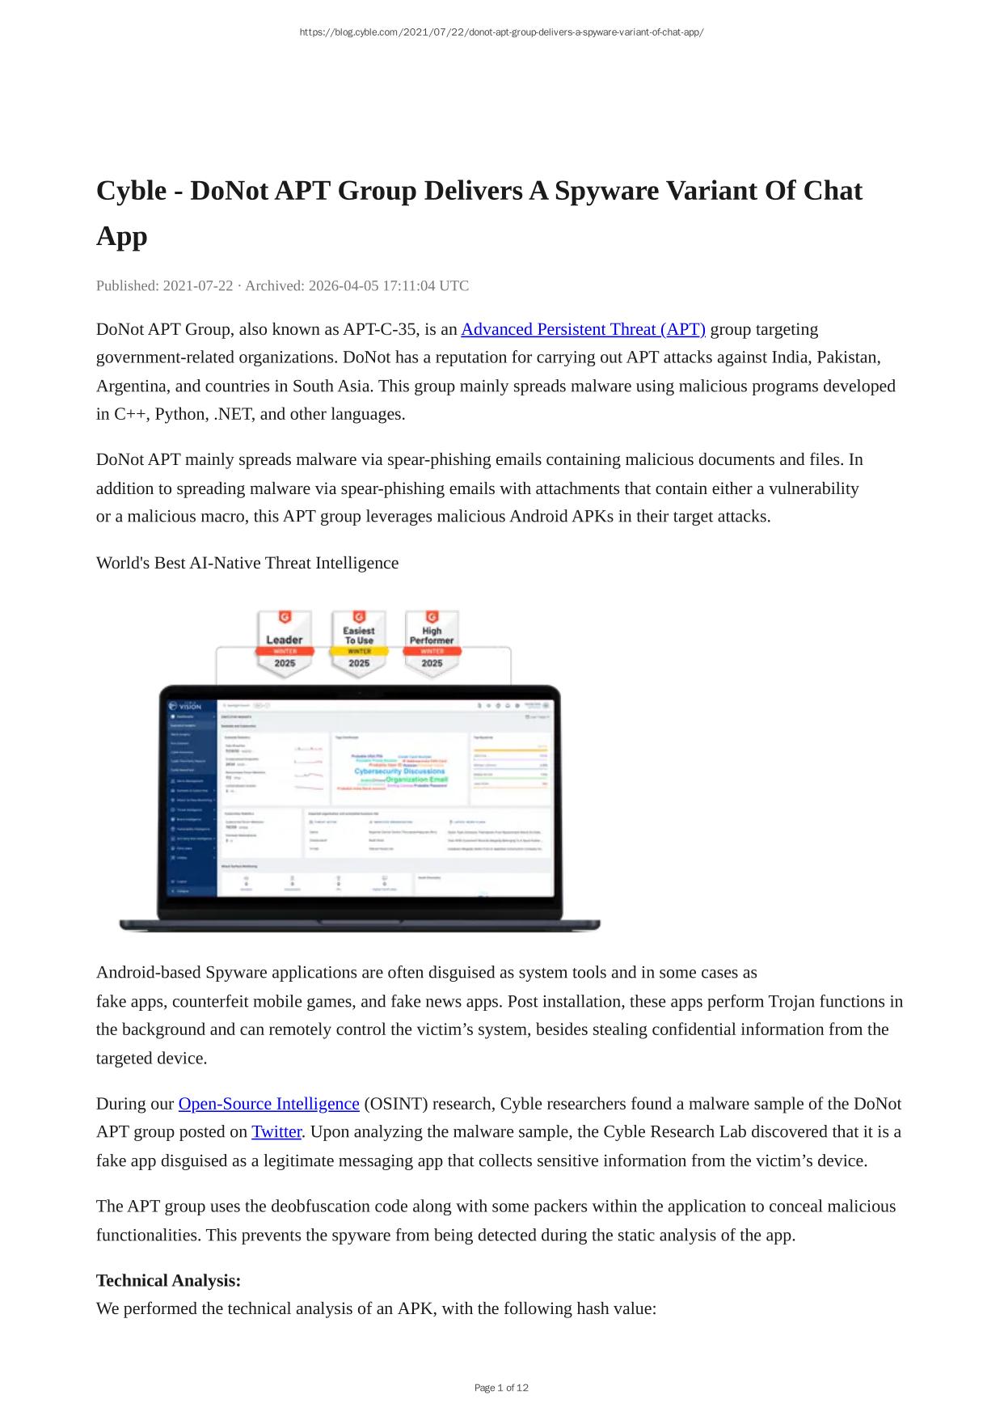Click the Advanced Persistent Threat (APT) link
(583, 329)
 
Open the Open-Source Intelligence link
(268, 1104)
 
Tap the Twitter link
(276, 1132)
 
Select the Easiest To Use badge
(359, 643)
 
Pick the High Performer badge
(432, 643)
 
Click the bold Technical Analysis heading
(168, 1280)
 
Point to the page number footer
(501, 1388)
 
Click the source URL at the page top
(501, 32)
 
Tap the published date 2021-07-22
(198, 285)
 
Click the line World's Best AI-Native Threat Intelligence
(247, 563)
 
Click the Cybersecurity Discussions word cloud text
(399, 771)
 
